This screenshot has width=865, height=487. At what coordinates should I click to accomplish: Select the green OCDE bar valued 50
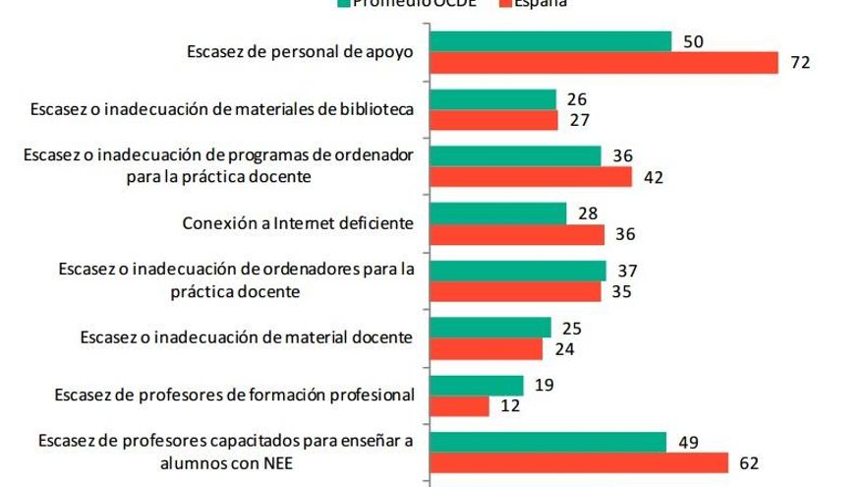click(x=551, y=40)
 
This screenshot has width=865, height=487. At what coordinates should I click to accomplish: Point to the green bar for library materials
click(x=494, y=98)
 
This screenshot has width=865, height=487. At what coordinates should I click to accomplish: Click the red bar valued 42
click(x=532, y=178)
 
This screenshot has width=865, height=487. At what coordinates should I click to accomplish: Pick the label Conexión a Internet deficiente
click(x=297, y=223)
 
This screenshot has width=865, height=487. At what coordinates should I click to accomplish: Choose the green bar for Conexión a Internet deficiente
click(x=499, y=213)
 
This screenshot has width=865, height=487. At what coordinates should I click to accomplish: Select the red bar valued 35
click(x=516, y=292)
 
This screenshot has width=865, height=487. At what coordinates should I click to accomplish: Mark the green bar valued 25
click(x=491, y=327)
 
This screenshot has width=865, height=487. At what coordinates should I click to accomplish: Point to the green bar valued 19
click(x=478, y=384)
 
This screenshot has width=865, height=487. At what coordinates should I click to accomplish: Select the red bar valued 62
click(x=580, y=462)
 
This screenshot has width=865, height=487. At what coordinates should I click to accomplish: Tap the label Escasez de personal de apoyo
click(x=300, y=52)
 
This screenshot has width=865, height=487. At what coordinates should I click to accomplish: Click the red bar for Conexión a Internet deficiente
click(x=518, y=235)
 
